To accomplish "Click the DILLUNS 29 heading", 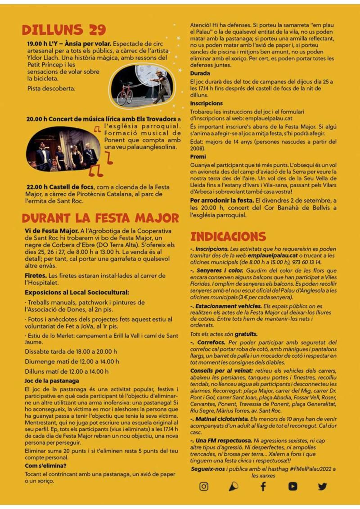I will [63, 30].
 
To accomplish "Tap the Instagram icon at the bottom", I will [204, 486].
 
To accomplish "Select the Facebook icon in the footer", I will [263, 486].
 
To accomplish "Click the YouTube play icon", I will [292, 486].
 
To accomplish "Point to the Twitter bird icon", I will [322, 486].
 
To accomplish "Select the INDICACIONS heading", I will [228, 237].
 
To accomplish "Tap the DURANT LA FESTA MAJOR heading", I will [100, 218].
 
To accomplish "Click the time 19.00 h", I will [37, 44].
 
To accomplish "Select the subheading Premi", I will [198, 157].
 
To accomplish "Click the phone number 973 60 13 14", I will [305, 262].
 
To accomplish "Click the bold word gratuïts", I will [246, 334].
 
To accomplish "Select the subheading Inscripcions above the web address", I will [207, 103].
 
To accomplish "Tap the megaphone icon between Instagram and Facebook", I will [234, 486].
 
